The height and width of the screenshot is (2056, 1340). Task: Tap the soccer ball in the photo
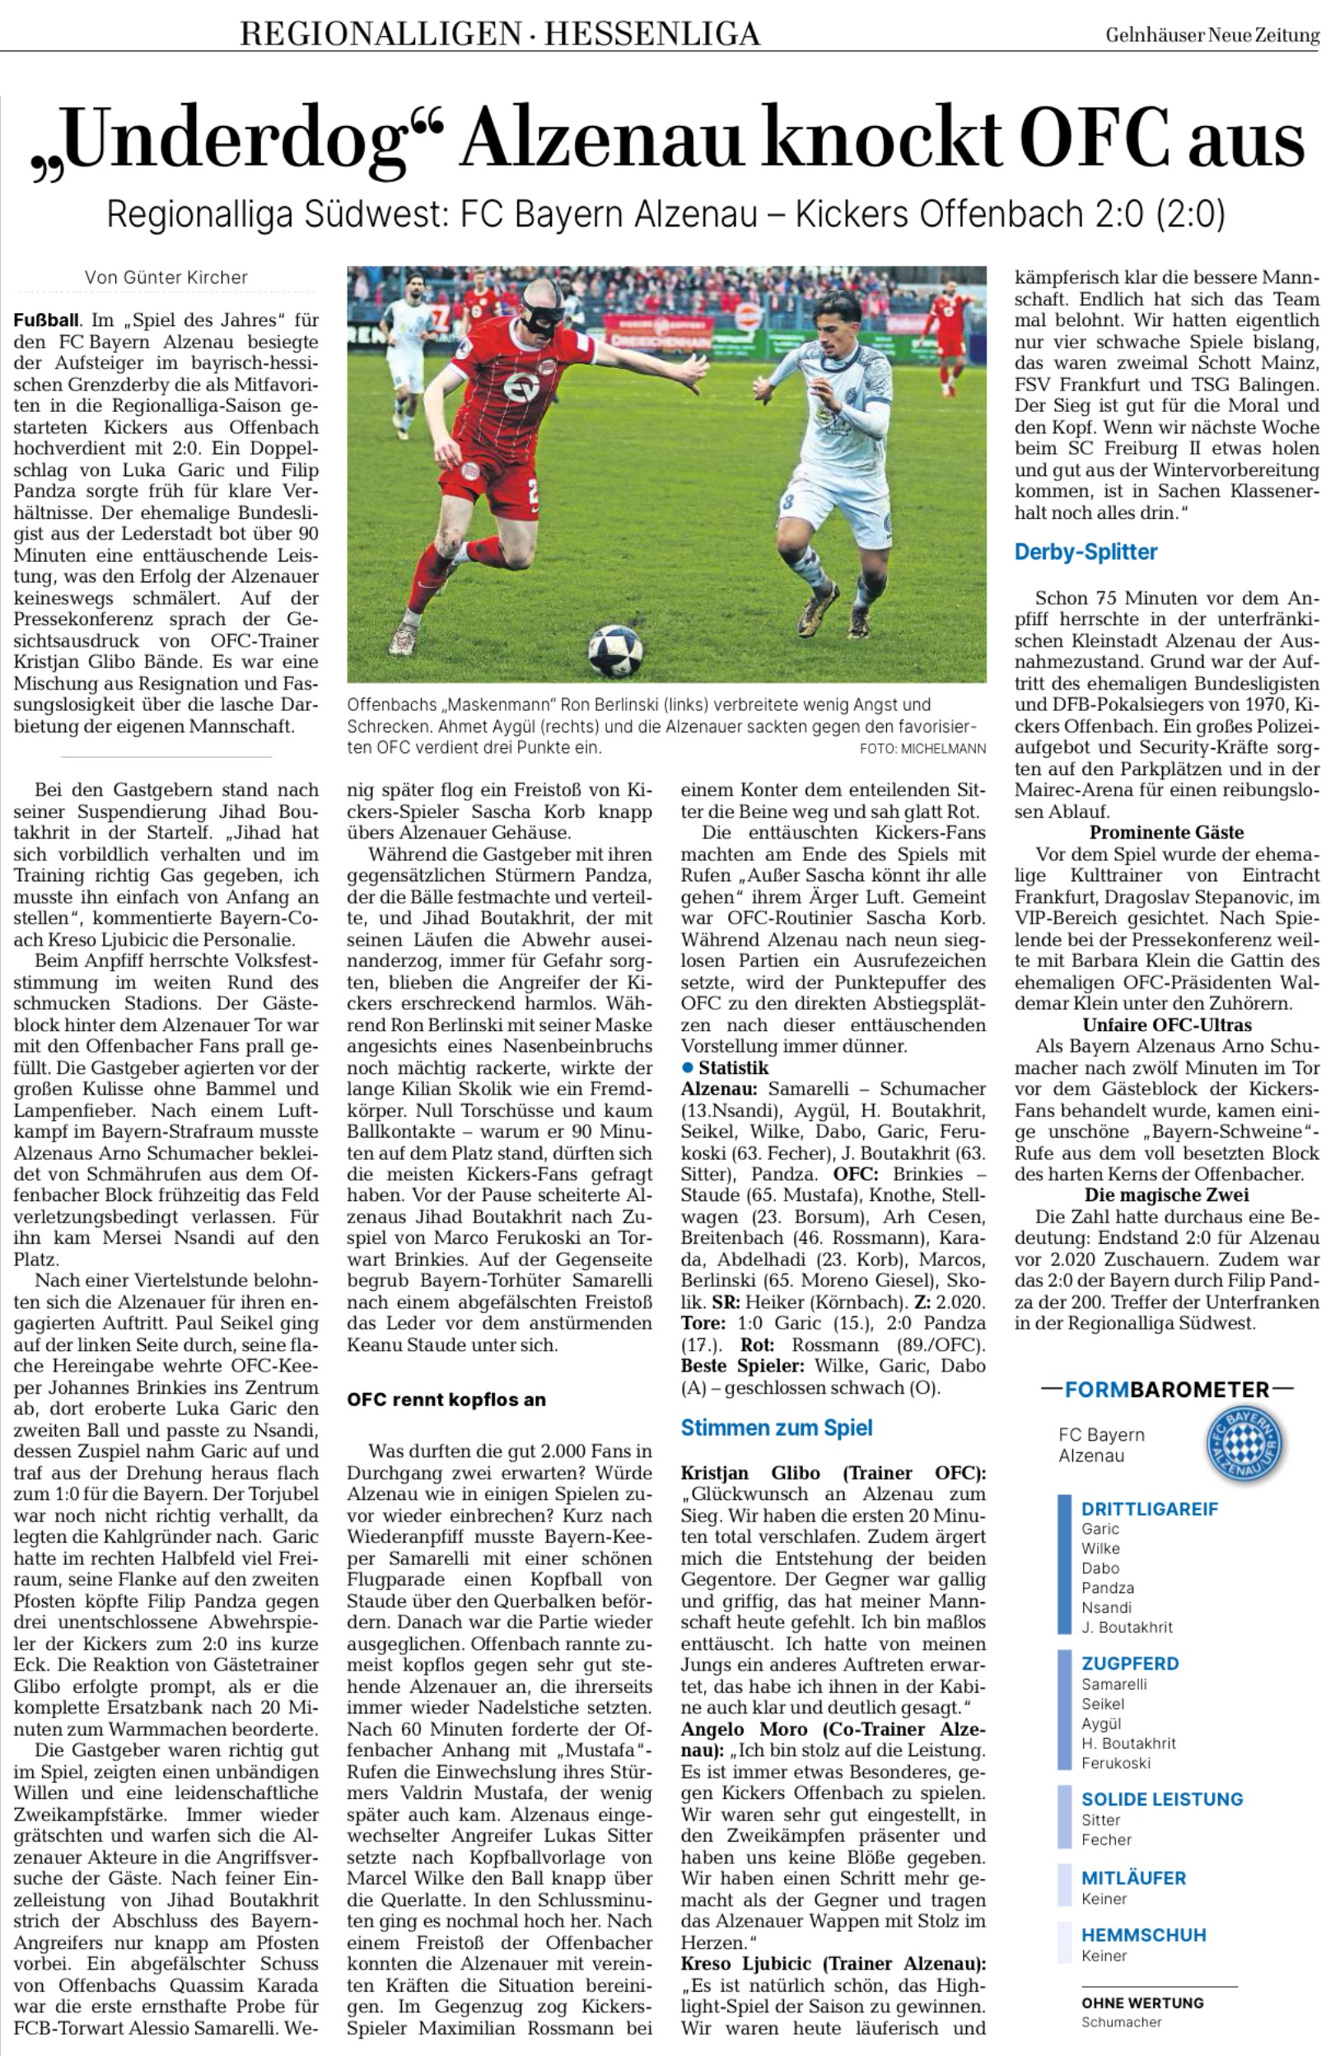[x=614, y=650]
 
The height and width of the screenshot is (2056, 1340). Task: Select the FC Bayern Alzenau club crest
[x=1244, y=1444]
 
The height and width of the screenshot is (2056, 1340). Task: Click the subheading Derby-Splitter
[x=1086, y=552]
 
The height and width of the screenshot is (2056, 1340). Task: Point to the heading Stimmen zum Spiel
[x=776, y=1428]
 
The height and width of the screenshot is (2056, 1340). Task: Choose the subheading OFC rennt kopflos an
[x=446, y=1399]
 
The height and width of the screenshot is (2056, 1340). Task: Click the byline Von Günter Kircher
[x=166, y=278]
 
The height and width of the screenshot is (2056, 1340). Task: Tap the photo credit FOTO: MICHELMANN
[x=922, y=749]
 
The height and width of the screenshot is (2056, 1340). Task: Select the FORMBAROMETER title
[x=1166, y=1390]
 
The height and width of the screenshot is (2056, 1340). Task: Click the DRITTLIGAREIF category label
[x=1149, y=1509]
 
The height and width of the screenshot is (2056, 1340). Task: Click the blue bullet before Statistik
[x=688, y=1068]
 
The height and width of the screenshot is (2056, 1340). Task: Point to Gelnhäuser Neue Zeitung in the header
[x=1212, y=35]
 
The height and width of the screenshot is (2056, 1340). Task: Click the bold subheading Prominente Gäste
[x=1166, y=833]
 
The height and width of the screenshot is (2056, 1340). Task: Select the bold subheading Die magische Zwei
[x=1166, y=1195]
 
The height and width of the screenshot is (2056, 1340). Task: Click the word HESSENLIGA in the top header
[x=651, y=35]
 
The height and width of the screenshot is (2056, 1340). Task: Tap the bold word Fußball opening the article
[x=46, y=320]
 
